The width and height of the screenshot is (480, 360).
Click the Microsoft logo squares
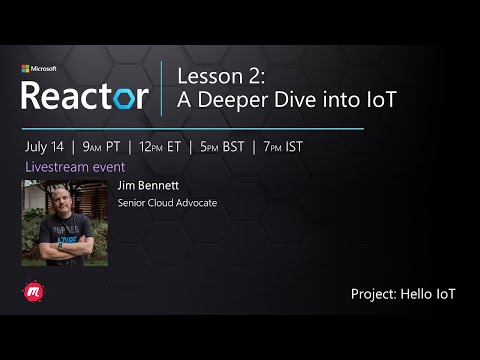(x=26, y=70)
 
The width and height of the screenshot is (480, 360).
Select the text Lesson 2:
(x=212, y=76)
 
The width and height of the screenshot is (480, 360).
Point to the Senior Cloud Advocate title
(x=167, y=203)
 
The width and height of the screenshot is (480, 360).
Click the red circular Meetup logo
(x=31, y=292)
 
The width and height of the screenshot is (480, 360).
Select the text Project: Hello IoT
(x=403, y=294)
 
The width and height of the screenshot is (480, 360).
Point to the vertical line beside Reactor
(x=162, y=88)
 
